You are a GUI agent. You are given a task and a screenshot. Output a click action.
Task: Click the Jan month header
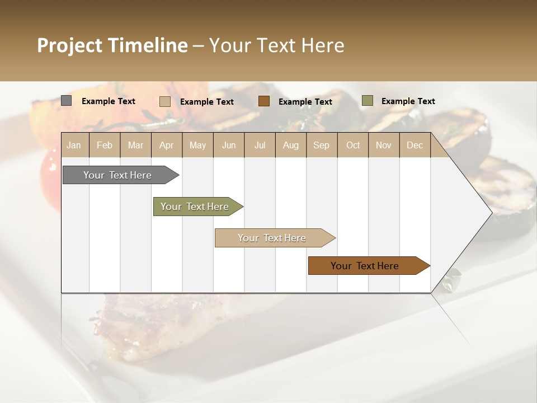tap(74, 145)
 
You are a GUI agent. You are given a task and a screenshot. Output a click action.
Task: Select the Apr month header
tap(166, 145)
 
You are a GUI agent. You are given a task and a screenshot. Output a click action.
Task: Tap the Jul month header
tap(260, 145)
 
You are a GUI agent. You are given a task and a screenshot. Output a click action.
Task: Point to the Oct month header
tap(353, 145)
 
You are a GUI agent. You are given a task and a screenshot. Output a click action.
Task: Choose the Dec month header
tap(414, 145)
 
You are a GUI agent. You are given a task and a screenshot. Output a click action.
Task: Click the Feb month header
tap(105, 145)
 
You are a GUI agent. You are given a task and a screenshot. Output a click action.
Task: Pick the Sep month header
tap(321, 145)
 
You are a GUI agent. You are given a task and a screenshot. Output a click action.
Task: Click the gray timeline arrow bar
tap(117, 175)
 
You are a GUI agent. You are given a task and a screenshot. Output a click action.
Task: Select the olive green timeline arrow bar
tap(195, 207)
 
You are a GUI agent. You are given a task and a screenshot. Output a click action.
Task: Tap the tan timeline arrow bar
tap(272, 238)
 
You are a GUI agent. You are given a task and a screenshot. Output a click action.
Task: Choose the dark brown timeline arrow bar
tap(365, 266)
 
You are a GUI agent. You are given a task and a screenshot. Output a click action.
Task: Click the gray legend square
tap(66, 101)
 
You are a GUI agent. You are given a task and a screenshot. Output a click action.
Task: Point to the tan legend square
tap(164, 101)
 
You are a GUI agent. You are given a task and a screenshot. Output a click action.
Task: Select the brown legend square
tap(264, 101)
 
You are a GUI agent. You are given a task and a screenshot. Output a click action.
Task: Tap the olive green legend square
tap(367, 101)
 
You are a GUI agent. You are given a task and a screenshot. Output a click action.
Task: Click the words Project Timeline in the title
tap(112, 45)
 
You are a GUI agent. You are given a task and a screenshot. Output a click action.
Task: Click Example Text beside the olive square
tap(408, 101)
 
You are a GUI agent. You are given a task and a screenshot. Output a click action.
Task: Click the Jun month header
tap(229, 145)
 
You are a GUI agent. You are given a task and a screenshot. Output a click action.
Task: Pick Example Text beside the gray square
tap(108, 101)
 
